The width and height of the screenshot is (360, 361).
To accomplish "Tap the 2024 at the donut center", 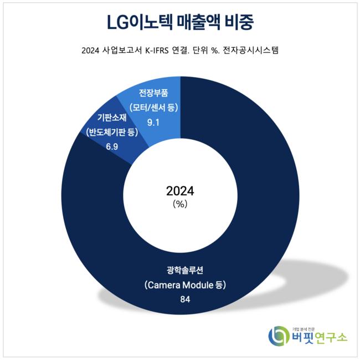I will click(180, 191).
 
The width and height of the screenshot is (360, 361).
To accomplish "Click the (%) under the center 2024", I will click(180, 204).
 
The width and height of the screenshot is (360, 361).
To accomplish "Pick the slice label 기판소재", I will click(110, 118).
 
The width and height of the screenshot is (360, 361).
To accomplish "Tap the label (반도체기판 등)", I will click(110, 132).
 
